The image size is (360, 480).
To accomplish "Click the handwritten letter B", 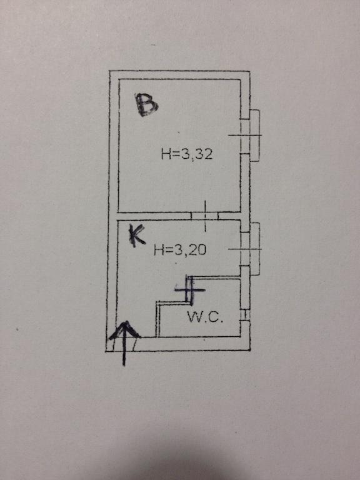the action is coord(147,105).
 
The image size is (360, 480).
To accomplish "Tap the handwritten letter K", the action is coord(136,235).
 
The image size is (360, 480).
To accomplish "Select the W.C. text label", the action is coord(205,317).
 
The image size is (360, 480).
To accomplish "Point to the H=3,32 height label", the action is coord(187,154).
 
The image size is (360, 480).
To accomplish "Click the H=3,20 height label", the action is coord(180,250).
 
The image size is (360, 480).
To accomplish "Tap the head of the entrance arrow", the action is coord(125,322).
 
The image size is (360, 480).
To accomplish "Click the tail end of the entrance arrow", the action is coord(124,366).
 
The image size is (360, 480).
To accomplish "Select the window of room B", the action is coord(251,136).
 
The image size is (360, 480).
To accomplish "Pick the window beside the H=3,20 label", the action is coord(251,249).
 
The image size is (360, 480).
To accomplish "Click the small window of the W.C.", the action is coord(245,315).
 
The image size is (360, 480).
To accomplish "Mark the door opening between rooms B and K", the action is coord(204,216).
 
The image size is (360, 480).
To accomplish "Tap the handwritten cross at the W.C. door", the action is coord(190,290).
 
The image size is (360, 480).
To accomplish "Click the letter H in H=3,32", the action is coord(166,154).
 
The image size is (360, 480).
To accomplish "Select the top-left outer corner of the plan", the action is coord(109,71).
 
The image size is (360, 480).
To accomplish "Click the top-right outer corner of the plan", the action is coord(250,72).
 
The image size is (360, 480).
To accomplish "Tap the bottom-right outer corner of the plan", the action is coord(250,351).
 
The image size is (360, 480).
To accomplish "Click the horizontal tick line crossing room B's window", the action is coord(245,135).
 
